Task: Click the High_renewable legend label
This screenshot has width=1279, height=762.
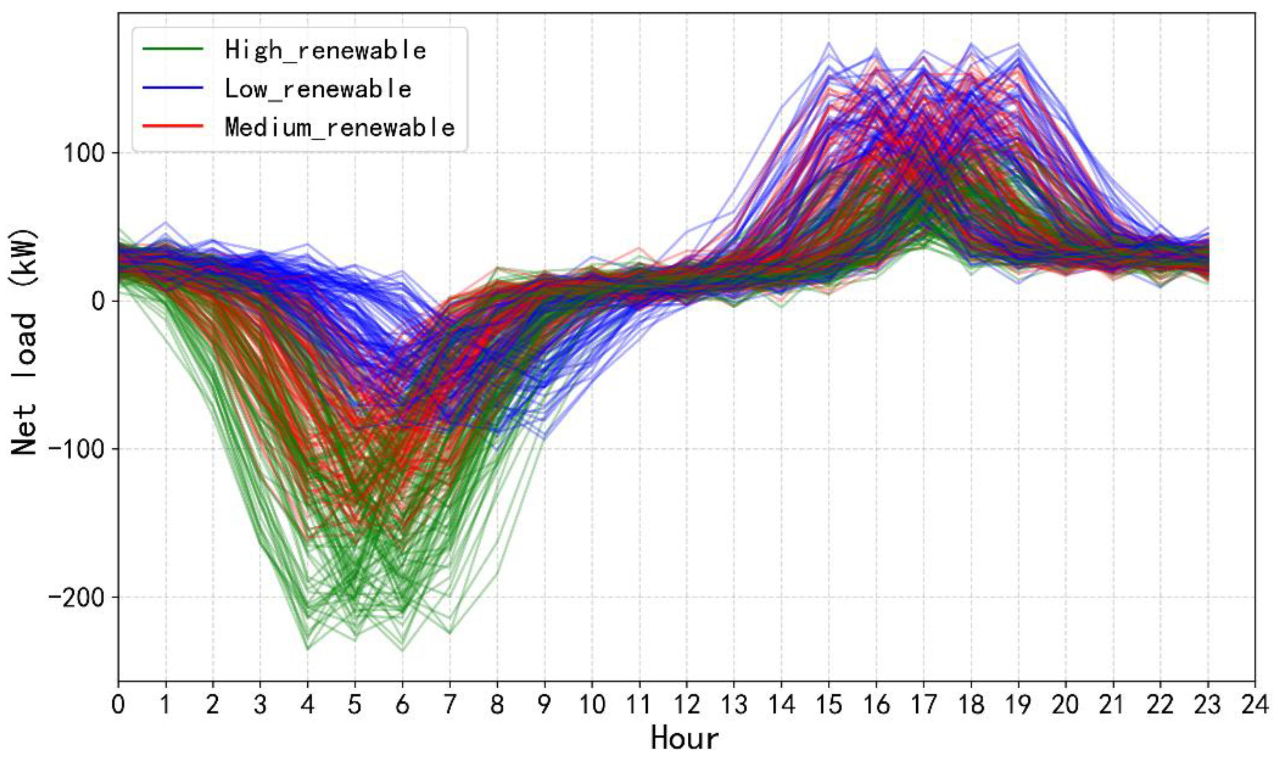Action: [325, 51]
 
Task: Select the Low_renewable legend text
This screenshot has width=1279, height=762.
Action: [318, 89]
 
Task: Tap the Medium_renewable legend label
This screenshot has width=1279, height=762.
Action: [339, 127]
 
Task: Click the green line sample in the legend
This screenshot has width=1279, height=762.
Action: [173, 49]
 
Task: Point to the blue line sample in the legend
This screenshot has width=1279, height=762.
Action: [173, 88]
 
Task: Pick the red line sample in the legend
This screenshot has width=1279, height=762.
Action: [173, 126]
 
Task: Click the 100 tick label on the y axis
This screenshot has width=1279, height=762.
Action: [84, 153]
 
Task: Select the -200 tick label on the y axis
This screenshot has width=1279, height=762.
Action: [76, 597]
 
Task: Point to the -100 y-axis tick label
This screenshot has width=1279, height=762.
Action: [76, 449]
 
